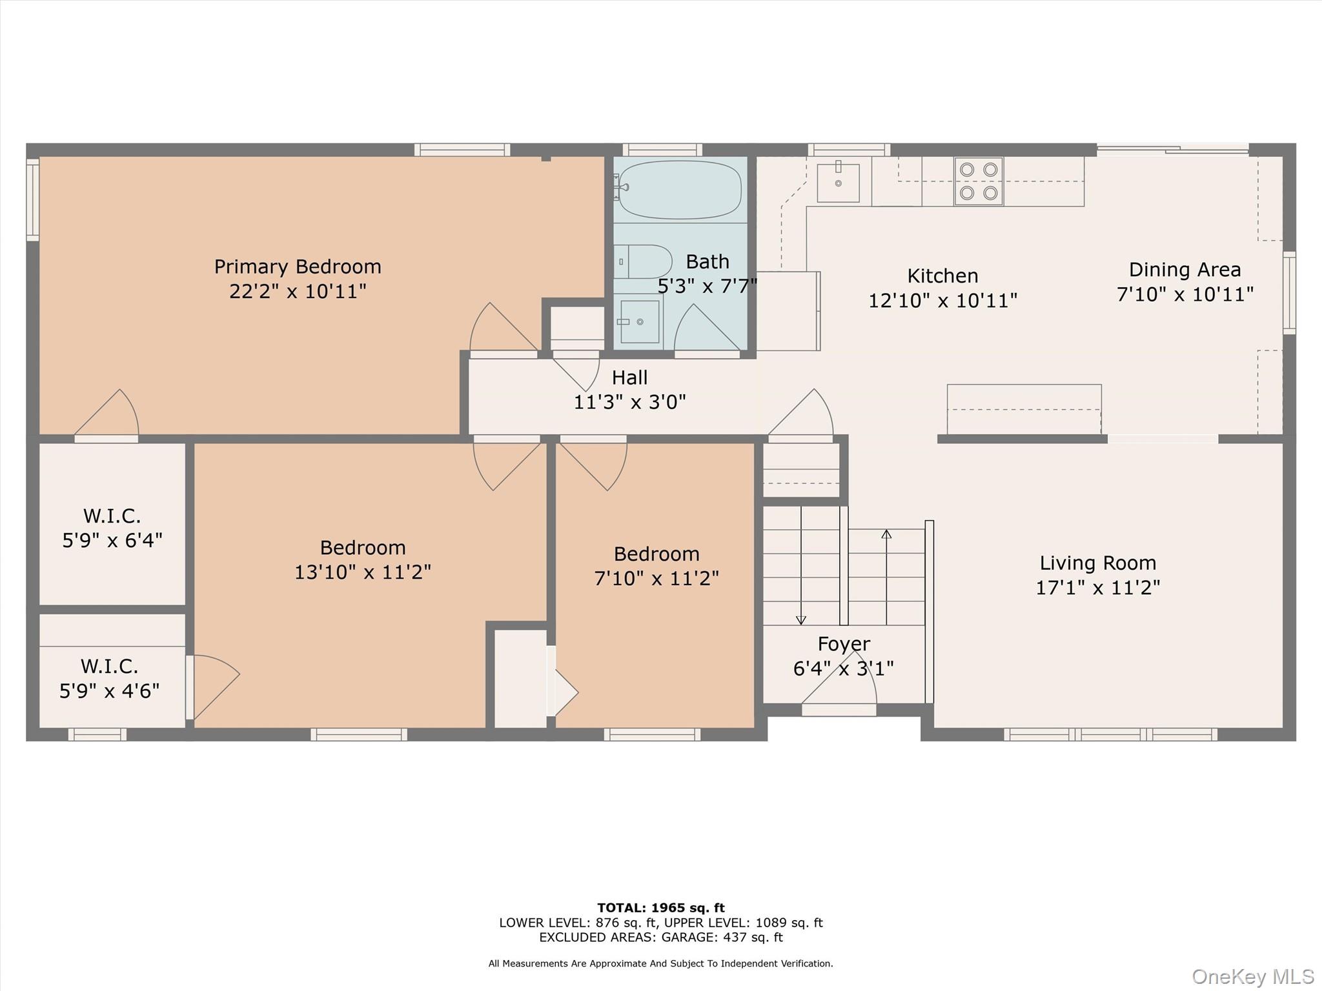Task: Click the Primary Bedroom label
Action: click(298, 266)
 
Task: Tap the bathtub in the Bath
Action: click(679, 189)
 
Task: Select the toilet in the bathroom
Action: click(643, 261)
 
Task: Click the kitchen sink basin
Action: click(838, 183)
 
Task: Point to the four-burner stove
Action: click(979, 181)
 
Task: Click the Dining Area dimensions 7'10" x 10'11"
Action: click(1185, 294)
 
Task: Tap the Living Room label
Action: click(1097, 563)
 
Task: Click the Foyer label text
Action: click(844, 644)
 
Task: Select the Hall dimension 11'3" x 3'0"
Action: click(629, 402)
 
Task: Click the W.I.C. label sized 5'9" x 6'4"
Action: click(112, 528)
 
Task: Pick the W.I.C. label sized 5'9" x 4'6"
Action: click(109, 678)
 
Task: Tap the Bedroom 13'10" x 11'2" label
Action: click(363, 559)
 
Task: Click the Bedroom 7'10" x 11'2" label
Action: click(656, 565)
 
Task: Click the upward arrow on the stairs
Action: click(886, 535)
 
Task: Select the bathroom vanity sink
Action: click(639, 321)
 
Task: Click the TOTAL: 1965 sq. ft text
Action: click(660, 908)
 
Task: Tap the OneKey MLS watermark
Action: click(1252, 976)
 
